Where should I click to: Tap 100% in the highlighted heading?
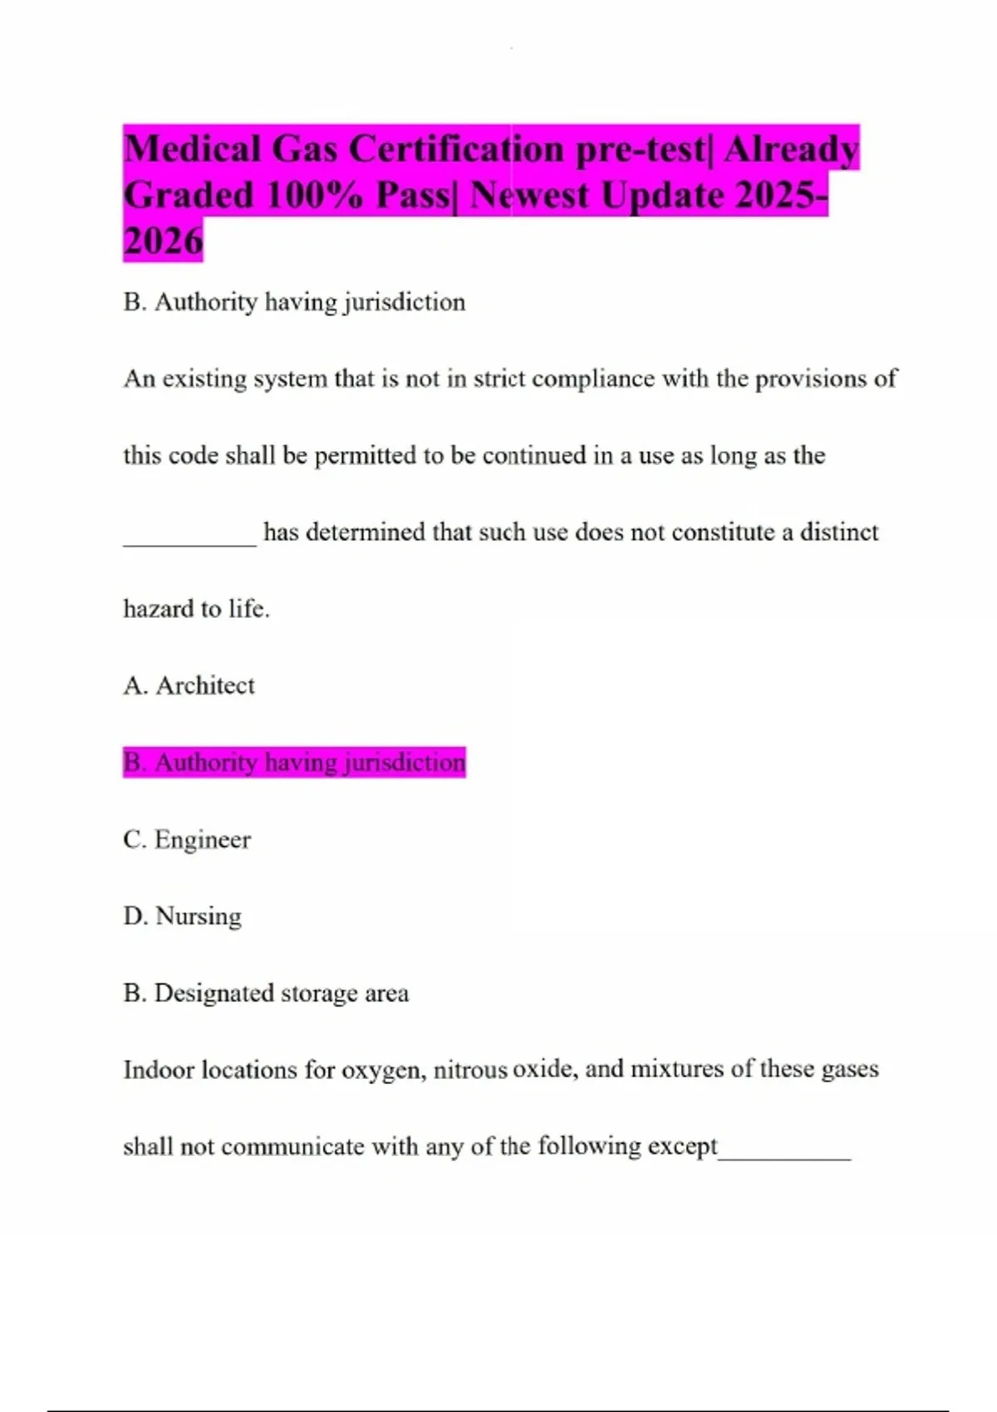[x=315, y=196]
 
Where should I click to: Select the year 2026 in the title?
[x=163, y=242]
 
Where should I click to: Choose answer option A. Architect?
[x=189, y=685]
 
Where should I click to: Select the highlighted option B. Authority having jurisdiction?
[x=294, y=762]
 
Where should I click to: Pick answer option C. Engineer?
[x=187, y=839]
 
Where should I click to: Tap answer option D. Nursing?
[x=182, y=915]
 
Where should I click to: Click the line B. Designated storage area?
[x=266, y=993]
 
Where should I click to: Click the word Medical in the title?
[x=192, y=150]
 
